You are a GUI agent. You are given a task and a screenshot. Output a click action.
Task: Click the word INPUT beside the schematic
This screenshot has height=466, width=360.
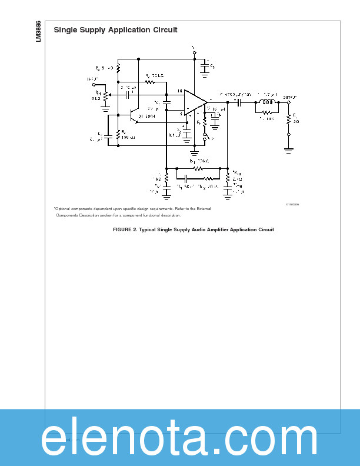92,78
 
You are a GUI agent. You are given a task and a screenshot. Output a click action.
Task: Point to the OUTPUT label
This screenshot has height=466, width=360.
289,96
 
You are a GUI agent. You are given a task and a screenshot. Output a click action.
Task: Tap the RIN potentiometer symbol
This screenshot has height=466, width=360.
106,94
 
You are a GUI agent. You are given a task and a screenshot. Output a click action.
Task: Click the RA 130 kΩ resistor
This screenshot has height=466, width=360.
118,135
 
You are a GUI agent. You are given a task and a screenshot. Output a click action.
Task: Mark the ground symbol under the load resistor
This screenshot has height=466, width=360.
288,150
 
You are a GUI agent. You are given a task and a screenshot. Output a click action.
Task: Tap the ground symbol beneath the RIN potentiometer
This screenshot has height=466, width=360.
106,108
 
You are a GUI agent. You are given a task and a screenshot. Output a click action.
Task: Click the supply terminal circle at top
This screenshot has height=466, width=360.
194,52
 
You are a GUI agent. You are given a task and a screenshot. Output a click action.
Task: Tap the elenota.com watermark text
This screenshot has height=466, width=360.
179,438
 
